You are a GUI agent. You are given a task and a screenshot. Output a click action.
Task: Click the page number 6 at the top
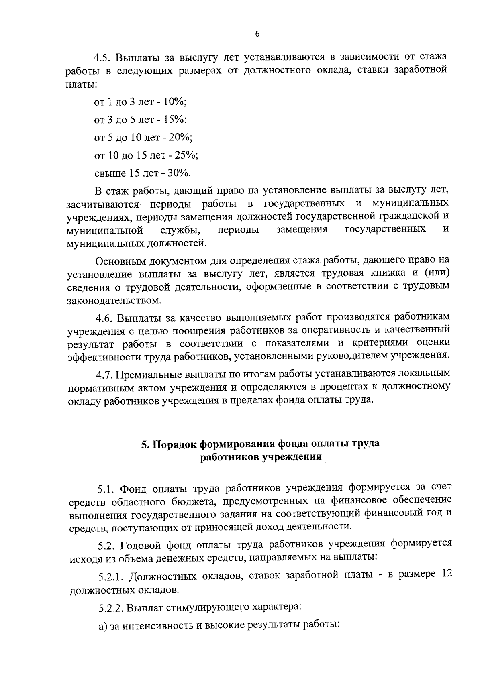pos(257,34)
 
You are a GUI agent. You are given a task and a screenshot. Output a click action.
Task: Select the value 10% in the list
pos(175,102)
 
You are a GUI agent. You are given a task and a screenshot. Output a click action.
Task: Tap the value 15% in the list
pos(175,120)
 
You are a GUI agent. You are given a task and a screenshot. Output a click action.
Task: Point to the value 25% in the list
pos(187,155)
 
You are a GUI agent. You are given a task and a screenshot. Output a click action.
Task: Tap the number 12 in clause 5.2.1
pos(446,573)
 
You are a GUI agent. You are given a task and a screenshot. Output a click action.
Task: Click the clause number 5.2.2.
pos(112,608)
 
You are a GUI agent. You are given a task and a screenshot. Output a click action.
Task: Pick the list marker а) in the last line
pos(104,626)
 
